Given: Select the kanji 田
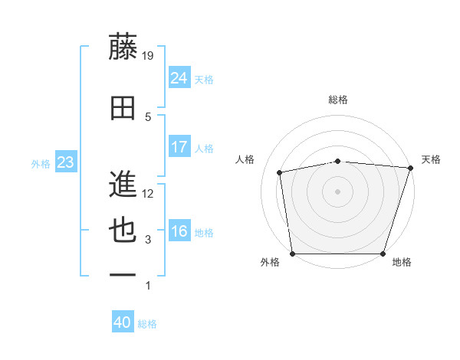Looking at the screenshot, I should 123,108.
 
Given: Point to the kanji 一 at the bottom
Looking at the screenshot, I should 123,275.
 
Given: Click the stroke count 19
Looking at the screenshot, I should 149,55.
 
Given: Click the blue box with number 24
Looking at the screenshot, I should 179,77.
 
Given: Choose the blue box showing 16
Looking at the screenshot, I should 179,231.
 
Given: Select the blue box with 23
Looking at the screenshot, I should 65,162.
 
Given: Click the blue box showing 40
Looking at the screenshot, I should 122,322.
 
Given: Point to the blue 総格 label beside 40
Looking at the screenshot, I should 147,324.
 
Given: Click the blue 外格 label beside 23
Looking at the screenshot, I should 41,163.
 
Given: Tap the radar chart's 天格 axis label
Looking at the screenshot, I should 431,159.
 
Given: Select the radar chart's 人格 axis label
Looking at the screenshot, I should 245,159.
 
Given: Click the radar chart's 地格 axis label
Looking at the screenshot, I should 402,262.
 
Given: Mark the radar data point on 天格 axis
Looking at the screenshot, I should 410,168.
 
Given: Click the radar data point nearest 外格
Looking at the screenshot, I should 292,254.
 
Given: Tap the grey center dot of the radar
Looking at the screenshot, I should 337,191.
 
